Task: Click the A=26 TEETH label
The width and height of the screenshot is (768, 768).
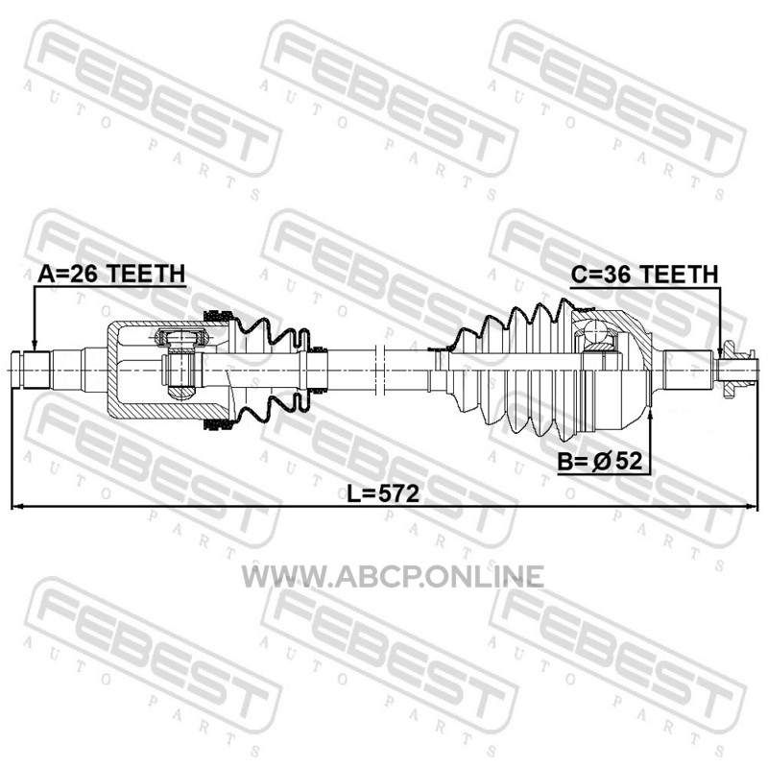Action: (111, 274)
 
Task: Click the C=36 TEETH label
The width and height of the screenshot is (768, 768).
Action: (644, 274)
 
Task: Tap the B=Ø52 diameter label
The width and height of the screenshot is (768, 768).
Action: (599, 461)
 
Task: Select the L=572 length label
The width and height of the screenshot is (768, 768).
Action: (383, 493)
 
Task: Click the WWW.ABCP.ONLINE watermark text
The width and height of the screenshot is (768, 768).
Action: (393, 576)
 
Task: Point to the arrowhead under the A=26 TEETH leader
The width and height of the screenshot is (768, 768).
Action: (35, 345)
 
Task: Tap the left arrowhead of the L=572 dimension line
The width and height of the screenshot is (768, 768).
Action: (17, 507)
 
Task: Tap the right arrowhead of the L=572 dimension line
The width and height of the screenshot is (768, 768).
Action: (752, 507)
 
